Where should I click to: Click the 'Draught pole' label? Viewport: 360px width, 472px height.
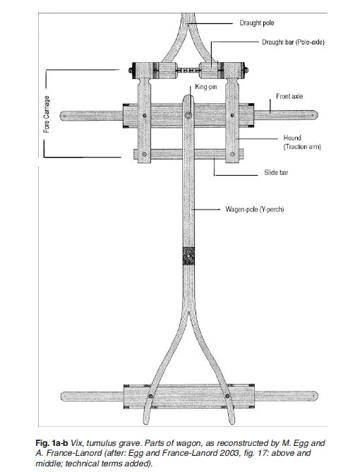coord(257,23)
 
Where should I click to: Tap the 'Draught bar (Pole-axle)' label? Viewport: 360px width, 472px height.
coord(293,42)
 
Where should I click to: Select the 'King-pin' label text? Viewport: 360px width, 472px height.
coord(205,87)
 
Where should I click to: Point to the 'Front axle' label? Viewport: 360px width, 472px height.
coord(289,97)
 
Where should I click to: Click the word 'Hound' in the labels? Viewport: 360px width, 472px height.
coord(292,138)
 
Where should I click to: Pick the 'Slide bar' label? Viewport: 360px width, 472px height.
coord(276,172)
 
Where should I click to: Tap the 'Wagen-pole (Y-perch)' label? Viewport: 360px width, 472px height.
coord(255,210)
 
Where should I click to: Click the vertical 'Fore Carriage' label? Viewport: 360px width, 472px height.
coord(47,114)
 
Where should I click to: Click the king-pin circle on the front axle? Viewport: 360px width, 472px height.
coord(188,115)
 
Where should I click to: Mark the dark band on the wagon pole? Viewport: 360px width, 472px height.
coord(188,256)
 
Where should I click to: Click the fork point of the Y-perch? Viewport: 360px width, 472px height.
coord(188,313)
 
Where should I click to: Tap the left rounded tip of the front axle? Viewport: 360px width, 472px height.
coord(61,116)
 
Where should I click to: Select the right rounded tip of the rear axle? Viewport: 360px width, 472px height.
coord(316,396)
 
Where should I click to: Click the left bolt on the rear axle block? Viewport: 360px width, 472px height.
coord(150,396)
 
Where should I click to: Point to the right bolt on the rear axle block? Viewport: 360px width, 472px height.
coord(227,396)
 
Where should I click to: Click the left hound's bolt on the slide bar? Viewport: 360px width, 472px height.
coord(144,154)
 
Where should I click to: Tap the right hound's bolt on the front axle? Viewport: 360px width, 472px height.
coord(232,115)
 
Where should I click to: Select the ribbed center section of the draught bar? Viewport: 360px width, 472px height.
coord(188,70)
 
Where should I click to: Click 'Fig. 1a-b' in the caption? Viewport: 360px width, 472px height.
coord(52,443)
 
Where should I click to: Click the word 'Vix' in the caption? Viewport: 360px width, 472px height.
coord(76,443)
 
